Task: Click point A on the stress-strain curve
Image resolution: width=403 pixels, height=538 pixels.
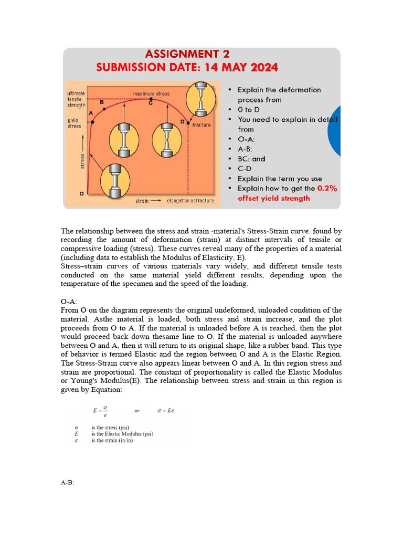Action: (93, 122)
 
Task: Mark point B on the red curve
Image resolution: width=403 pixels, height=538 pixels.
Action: (105, 109)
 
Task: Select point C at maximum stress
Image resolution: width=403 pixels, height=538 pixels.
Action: (151, 99)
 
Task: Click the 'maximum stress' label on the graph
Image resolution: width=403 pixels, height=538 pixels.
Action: (151, 94)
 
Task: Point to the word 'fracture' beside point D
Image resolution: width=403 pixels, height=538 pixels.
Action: (201, 125)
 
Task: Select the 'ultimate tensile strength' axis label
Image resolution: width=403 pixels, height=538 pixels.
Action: (76, 99)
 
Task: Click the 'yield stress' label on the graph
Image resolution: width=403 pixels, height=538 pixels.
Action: (75, 123)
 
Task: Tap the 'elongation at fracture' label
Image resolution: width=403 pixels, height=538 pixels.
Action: (190, 201)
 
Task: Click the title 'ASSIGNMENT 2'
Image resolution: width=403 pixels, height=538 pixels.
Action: (187, 54)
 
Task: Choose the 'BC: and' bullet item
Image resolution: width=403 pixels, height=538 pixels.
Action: (251, 159)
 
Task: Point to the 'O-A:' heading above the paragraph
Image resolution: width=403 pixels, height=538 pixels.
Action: (69, 302)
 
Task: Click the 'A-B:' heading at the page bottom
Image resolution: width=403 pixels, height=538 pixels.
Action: (68, 483)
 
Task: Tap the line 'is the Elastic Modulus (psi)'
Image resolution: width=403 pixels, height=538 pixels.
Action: (122, 433)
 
